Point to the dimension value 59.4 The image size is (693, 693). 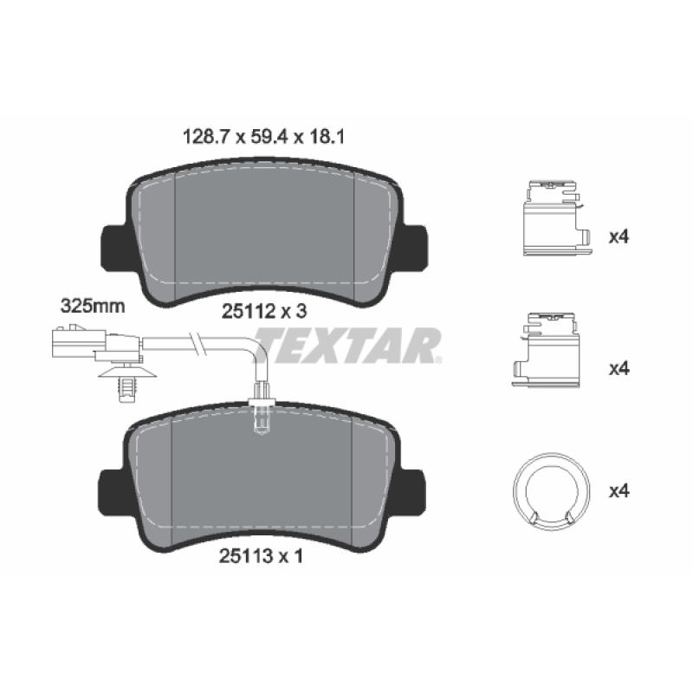point(269,138)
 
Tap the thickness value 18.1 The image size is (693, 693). point(326,138)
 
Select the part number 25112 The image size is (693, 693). point(249,312)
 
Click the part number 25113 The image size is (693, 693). point(246,556)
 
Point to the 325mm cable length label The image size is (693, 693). point(93,306)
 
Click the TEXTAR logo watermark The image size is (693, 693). point(348,345)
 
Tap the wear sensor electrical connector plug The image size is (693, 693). point(96,344)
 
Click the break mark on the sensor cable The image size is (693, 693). point(197,343)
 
